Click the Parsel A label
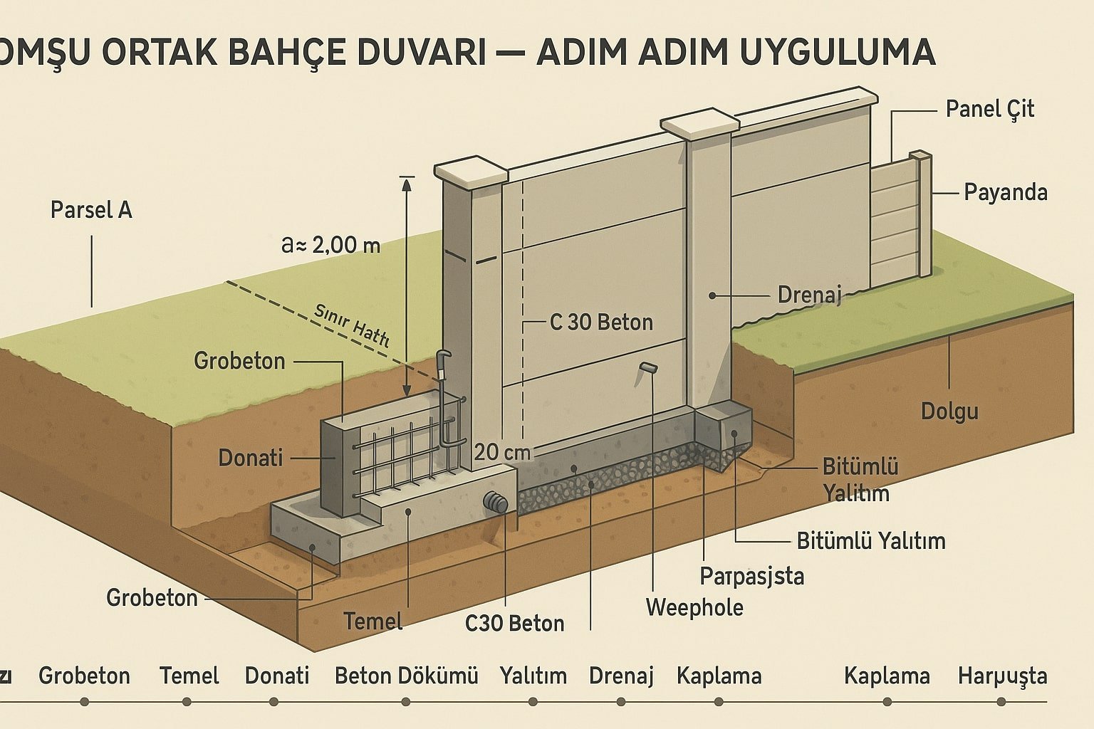point(91,211)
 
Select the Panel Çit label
point(989,110)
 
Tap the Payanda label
point(1005,193)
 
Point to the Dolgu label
point(949,411)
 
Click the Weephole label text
point(694,607)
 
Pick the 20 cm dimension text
point(502,452)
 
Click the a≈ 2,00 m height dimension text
point(331,246)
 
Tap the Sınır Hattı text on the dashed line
point(352,325)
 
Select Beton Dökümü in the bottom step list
point(406,676)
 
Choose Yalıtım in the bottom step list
point(533,676)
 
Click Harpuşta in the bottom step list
point(1002,676)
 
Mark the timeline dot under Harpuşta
point(1002,701)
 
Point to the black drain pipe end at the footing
point(495,502)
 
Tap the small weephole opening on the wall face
point(647,367)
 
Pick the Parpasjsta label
point(751,575)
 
